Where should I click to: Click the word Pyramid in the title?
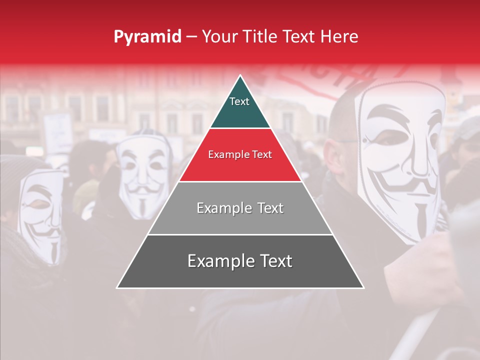147,37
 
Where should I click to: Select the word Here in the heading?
339,37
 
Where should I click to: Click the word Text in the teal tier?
239,101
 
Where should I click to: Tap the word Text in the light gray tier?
270,208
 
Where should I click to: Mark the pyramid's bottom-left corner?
117,287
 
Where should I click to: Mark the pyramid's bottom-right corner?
363,287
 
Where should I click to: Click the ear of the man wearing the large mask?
330,150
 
